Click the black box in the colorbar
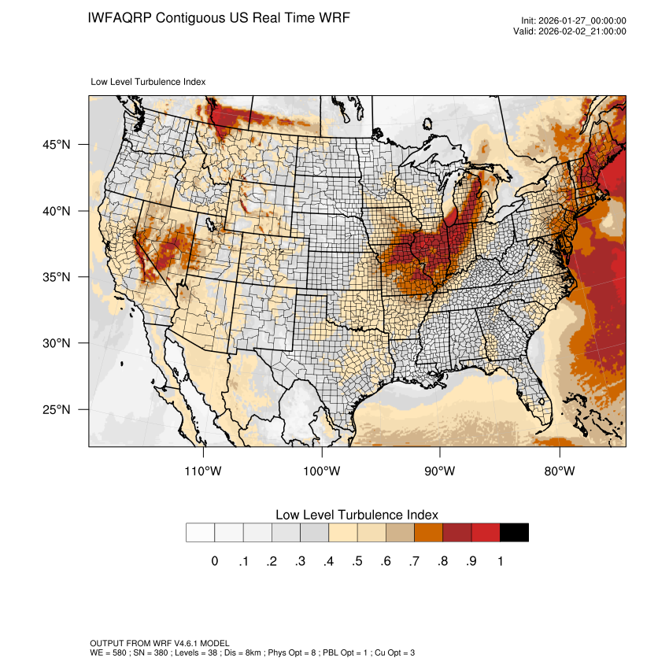[x=514, y=533]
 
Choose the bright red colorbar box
[x=486, y=533]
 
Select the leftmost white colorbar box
[x=200, y=533]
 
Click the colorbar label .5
[x=357, y=561]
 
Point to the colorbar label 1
[x=500, y=561]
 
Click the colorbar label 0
[x=214, y=561]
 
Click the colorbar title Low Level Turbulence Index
[x=357, y=514]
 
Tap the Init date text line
[x=574, y=20]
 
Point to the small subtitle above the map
[x=149, y=82]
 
